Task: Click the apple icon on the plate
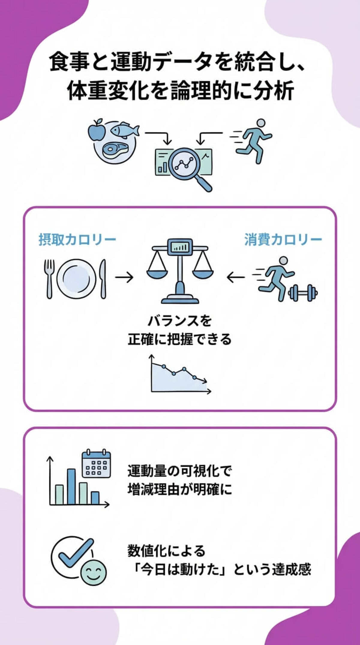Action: (x=97, y=131)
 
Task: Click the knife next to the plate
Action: (x=103, y=278)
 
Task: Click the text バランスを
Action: (x=180, y=321)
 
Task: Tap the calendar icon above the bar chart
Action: (x=96, y=464)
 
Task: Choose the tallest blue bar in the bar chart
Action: (x=71, y=486)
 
